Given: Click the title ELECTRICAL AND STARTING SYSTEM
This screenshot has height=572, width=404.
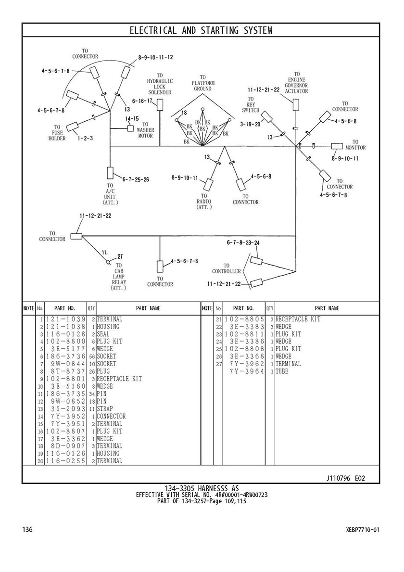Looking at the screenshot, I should coord(201,31).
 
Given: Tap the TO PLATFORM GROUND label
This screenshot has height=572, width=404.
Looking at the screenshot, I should coord(202,83).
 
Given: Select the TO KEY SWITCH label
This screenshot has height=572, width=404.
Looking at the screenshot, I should coord(251,104).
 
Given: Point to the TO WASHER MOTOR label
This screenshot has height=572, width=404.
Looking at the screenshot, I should coord(145,130).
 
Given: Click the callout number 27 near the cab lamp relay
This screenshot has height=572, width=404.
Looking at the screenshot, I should coord(120,256).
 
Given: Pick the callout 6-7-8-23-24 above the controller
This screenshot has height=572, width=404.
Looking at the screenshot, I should coord(243,243).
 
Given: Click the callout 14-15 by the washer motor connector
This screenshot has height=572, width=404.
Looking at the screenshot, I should coord(132,118).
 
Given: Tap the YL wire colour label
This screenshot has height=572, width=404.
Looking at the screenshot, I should coord(104,252).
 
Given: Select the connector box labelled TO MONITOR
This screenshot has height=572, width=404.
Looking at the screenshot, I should coord(337,146).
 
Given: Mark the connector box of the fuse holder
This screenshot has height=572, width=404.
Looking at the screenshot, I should coord(73,127).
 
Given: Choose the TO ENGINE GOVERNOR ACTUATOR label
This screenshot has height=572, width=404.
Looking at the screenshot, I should coord(296,83).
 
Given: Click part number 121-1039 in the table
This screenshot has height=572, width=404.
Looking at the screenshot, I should coord(66,319).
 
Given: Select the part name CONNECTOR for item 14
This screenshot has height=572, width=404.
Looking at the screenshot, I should coord(111,416).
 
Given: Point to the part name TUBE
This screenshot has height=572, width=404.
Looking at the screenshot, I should coord(282,371).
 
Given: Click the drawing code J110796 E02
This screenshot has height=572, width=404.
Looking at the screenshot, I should coord(345,478).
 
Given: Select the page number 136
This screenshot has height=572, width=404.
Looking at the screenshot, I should coord(27,530).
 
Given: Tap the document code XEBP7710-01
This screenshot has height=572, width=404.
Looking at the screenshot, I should coord(362,530).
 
